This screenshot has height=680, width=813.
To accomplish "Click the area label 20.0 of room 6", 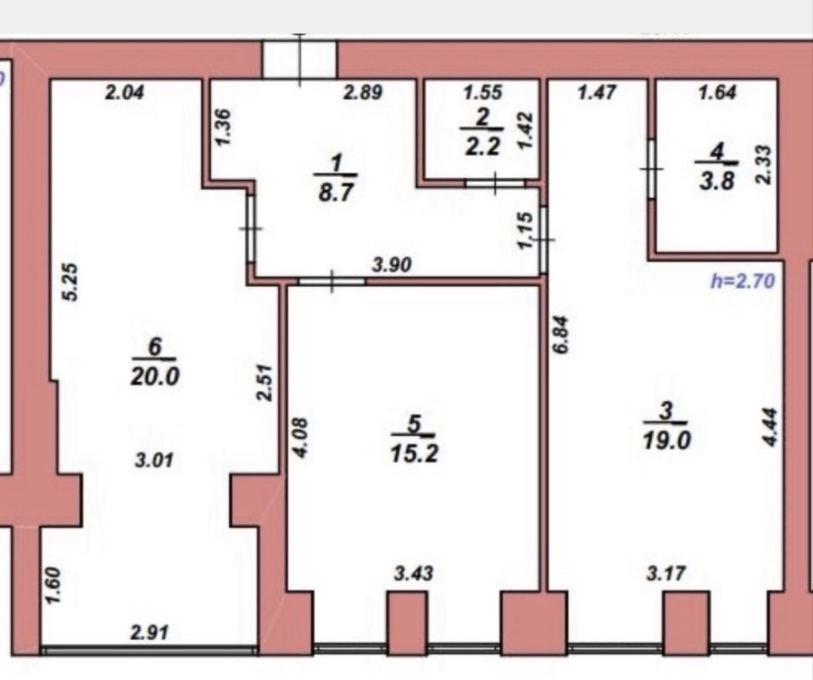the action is (x=154, y=376).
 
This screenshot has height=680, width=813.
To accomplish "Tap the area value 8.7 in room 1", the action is (x=336, y=193).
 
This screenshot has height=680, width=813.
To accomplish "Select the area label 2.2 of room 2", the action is (x=483, y=147).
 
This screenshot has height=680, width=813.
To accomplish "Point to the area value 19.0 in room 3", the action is (x=666, y=441).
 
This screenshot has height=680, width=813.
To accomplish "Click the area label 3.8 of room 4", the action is (x=717, y=181).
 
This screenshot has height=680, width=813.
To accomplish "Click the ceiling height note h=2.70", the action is (x=743, y=281).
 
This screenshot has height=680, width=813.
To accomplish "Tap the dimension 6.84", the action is (x=561, y=334).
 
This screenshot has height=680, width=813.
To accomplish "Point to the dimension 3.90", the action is (x=392, y=265).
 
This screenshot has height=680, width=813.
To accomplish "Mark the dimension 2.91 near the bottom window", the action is (x=149, y=633).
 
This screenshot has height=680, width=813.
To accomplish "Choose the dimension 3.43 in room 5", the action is (x=414, y=574).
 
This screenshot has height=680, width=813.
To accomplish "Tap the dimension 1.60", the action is (x=53, y=586).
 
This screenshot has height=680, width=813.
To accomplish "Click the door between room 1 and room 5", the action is (x=332, y=281).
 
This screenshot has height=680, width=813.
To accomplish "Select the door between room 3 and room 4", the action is (x=650, y=169).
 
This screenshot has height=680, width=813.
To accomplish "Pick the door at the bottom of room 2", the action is (x=495, y=183).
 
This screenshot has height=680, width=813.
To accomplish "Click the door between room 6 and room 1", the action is (x=251, y=228).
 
